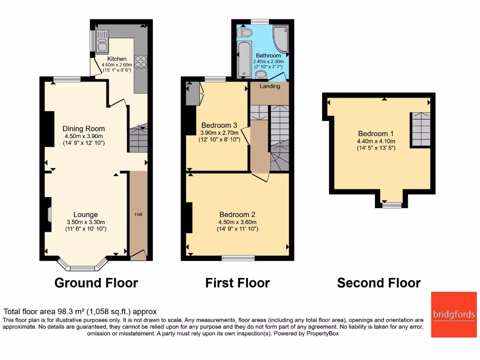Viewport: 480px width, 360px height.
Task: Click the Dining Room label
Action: (84, 128)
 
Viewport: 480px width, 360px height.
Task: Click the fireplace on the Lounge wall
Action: (48, 214)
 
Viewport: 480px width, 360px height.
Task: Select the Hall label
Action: (139, 214)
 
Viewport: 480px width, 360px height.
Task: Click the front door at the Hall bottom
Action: (138, 255)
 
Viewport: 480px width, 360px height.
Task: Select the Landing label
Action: (270, 86)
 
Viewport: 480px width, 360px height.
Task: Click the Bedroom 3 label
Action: (219, 125)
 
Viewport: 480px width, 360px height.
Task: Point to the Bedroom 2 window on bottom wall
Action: (238, 257)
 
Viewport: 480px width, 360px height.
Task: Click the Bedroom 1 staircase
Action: (420, 129)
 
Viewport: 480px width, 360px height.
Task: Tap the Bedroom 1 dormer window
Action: (391, 205)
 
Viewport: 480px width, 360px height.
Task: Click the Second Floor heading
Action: (379, 283)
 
